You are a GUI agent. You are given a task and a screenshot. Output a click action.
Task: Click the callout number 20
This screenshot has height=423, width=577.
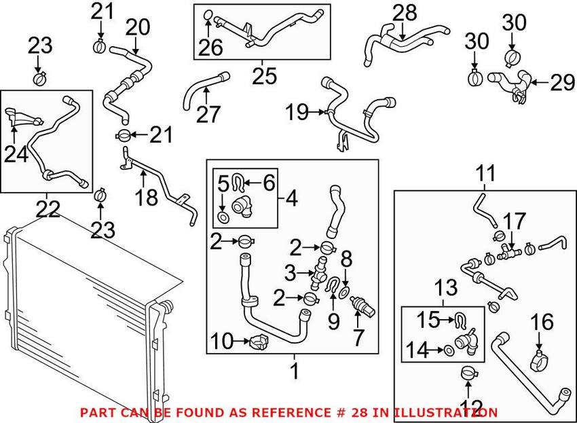pos(137,27)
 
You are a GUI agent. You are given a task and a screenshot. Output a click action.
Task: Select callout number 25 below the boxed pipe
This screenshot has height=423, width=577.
pos(263,76)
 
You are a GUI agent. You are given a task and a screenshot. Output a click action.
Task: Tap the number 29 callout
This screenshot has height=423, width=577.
pos(561,84)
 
